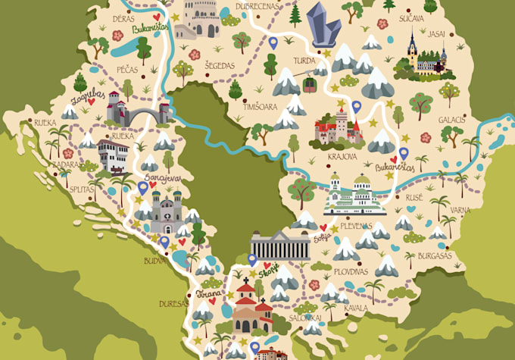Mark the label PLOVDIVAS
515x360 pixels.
349,271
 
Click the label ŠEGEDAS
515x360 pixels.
220,65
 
